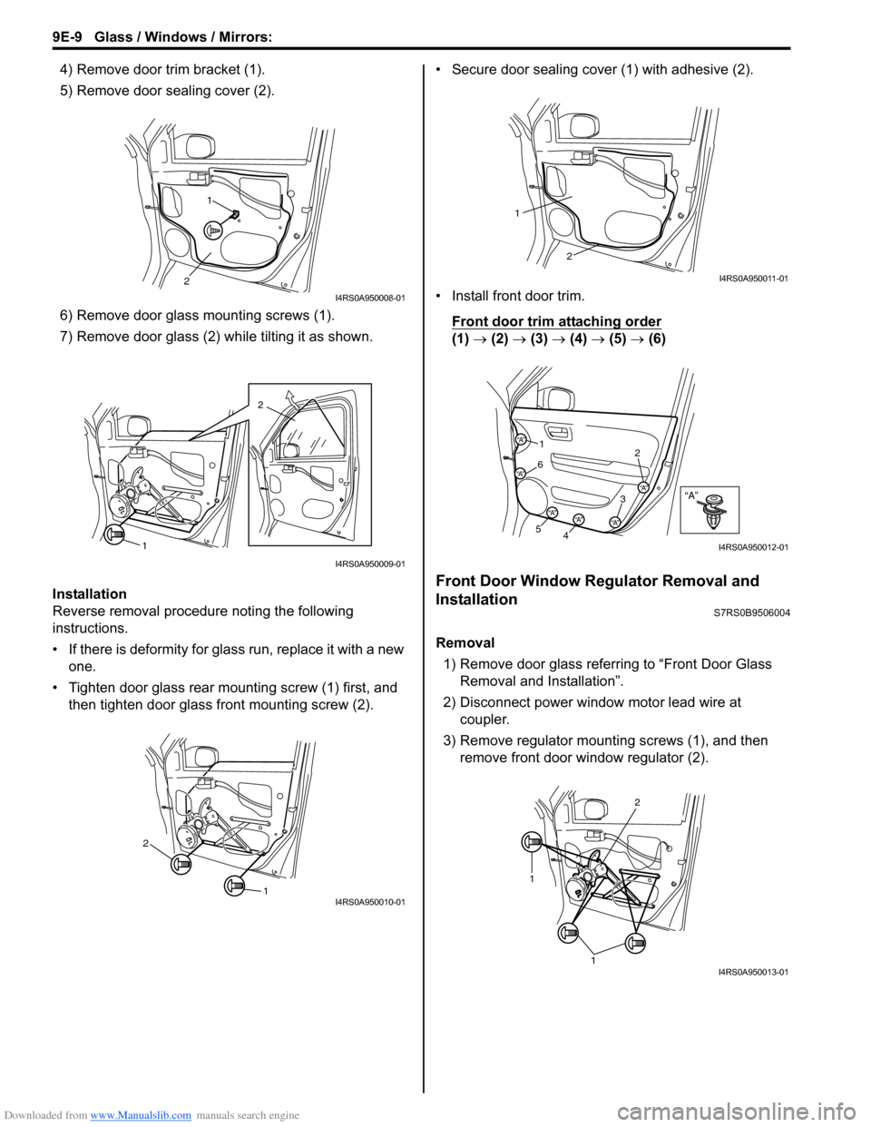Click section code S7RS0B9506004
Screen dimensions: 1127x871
coord(746,613)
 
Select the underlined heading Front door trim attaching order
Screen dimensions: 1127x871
coord(556,321)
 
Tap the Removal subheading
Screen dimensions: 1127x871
coord(465,642)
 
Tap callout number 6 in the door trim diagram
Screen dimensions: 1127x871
coord(540,465)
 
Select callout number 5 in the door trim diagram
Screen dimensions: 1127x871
coord(537,528)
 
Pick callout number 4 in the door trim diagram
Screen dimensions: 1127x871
coord(565,535)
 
